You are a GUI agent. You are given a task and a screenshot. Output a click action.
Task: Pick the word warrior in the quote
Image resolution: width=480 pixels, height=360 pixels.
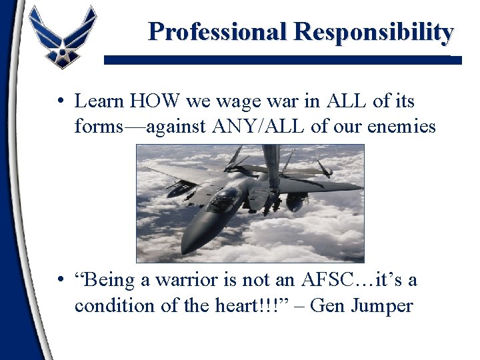point(181,280)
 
